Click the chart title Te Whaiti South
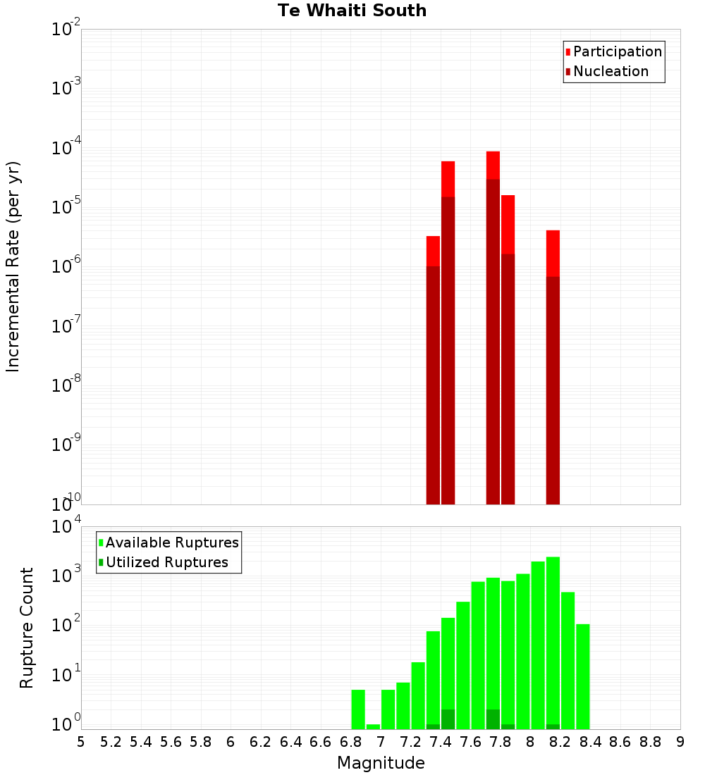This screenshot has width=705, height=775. [352, 11]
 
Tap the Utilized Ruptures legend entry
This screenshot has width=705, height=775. [166, 562]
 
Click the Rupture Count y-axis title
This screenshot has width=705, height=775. [27, 628]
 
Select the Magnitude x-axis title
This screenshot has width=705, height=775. [381, 763]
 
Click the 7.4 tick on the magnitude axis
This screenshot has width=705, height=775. [441, 742]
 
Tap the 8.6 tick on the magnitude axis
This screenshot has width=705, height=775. [620, 742]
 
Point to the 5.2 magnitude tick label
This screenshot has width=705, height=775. [111, 742]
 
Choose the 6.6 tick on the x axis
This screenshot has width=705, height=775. [321, 742]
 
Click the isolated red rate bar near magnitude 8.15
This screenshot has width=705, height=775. [553, 366]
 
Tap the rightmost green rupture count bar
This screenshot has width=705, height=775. [582, 676]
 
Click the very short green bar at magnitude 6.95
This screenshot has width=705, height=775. [373, 726]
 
